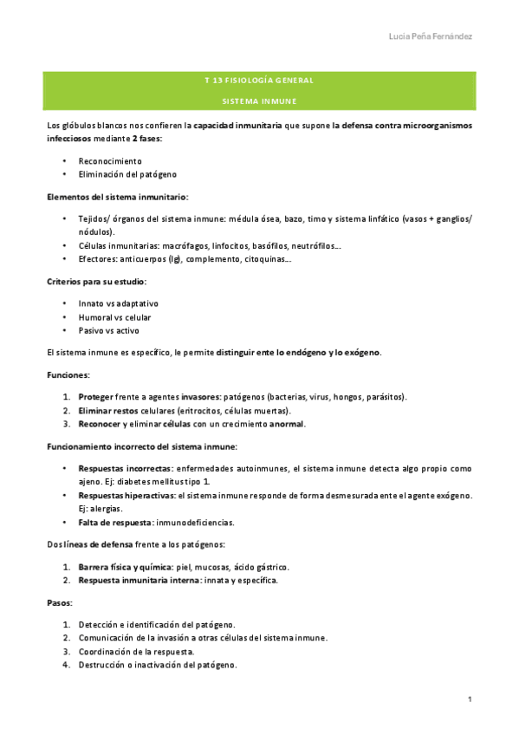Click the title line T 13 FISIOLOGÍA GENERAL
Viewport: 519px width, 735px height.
[258, 81]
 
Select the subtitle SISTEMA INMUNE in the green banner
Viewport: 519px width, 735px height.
[258, 101]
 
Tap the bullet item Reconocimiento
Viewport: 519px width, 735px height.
[110, 161]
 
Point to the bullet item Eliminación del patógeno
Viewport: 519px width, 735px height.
[126, 175]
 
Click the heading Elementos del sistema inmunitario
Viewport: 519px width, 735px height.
[117, 197]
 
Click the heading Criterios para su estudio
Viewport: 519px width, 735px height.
[96, 282]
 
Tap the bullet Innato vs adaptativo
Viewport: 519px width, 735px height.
[118, 303]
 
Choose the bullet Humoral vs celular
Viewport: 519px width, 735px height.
[114, 317]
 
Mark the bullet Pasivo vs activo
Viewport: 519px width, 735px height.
[108, 330]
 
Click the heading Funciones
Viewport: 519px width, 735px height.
[68, 374]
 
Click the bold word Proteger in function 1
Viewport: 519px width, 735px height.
[96, 397]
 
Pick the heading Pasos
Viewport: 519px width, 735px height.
[60, 602]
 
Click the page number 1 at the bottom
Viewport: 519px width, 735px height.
[469, 699]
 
